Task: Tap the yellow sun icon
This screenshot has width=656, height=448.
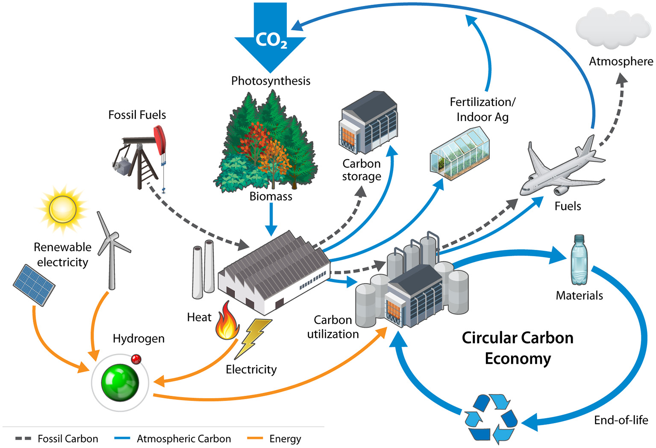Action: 63,209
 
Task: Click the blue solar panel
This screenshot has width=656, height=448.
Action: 34,285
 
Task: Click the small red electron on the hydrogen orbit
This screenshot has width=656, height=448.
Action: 136,359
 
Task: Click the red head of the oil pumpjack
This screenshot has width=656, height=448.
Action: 160,139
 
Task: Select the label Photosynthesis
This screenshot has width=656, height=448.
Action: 271,81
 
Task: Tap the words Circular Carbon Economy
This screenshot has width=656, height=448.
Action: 518,348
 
